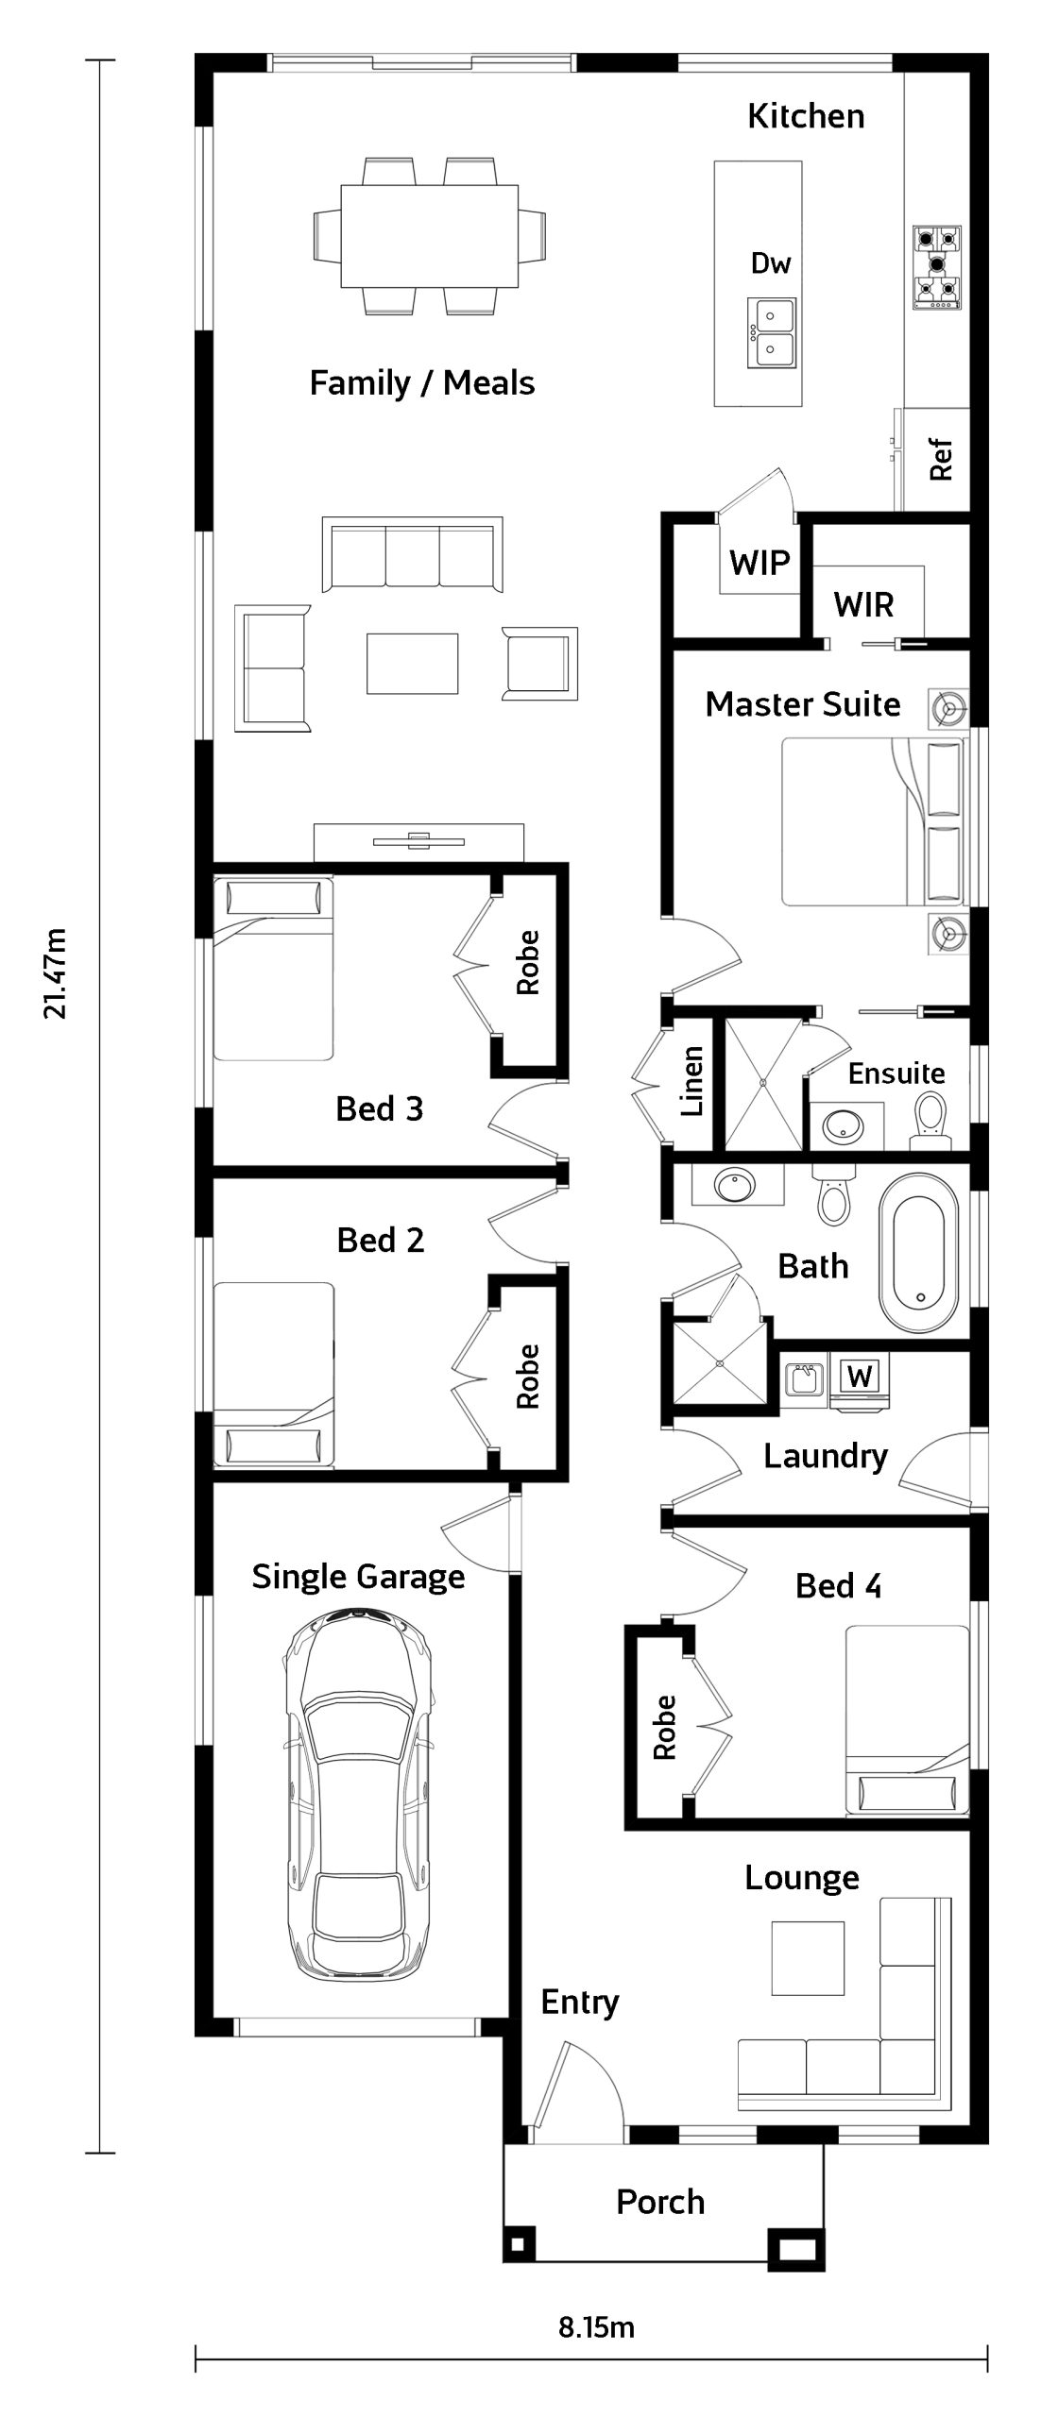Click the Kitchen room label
(806, 116)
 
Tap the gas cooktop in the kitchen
(936, 267)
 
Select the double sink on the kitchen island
(772, 333)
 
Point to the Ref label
(941, 460)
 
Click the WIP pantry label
(759, 564)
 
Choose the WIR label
(863, 604)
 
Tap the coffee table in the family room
(412, 663)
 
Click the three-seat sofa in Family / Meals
(412, 555)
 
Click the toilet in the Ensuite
(930, 1121)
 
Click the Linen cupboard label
(692, 1081)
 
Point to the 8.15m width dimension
(596, 2327)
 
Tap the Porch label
(660, 2202)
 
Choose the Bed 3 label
(380, 1108)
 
